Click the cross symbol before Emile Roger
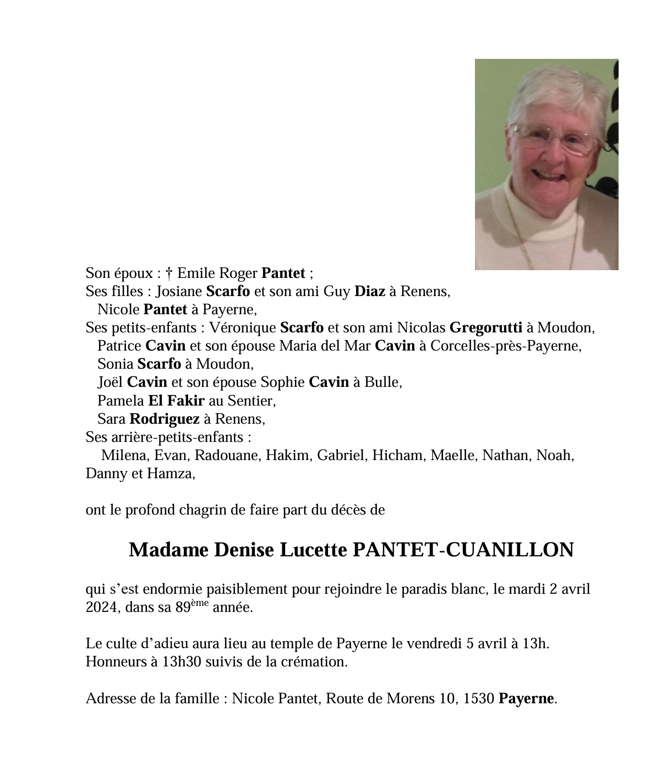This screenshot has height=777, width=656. [x=169, y=273]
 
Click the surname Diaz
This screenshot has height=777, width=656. [x=369, y=291]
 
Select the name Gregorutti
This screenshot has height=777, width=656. [x=485, y=327]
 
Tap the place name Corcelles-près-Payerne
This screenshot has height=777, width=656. [x=506, y=346]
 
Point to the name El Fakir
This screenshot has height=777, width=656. [x=176, y=400]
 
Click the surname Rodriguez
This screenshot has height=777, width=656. [x=164, y=419]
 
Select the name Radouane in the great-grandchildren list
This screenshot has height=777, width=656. [x=226, y=455]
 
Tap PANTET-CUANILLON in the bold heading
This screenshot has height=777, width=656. [x=462, y=549]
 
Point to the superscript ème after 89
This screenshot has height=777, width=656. [x=199, y=603]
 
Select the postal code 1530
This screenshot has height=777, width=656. [x=478, y=698]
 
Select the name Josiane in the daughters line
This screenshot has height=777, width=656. [x=179, y=291]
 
